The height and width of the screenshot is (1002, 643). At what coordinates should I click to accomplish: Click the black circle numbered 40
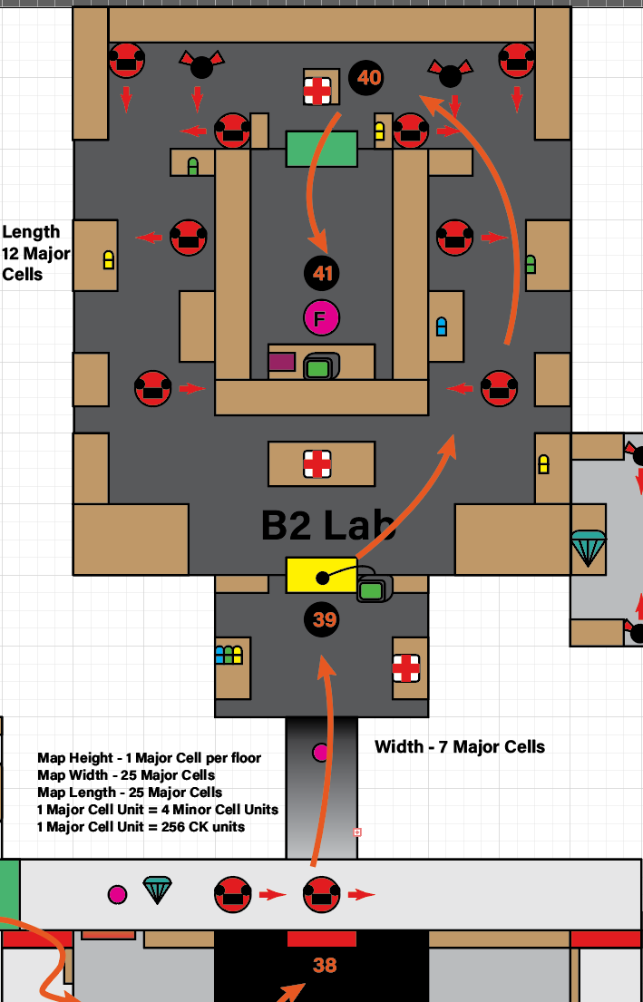tap(368, 78)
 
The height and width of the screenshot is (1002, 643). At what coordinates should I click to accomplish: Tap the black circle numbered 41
tap(324, 273)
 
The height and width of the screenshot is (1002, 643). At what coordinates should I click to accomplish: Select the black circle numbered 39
tap(324, 619)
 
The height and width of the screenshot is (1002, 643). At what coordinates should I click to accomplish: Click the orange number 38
tap(324, 966)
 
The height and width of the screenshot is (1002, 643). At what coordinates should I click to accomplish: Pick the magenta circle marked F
tap(321, 317)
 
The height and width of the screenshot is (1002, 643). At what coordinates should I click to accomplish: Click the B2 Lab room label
tap(328, 525)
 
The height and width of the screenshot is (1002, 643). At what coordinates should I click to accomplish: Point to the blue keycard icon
tap(442, 326)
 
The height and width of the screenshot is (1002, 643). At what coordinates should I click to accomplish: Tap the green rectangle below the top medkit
tap(321, 149)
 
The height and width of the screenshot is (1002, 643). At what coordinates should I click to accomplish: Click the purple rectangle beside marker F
tap(281, 362)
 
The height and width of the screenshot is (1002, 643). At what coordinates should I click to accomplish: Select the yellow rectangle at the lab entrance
tap(321, 575)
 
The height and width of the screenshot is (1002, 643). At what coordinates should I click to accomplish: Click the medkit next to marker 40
tap(317, 90)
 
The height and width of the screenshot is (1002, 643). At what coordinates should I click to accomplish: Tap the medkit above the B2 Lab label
tap(317, 464)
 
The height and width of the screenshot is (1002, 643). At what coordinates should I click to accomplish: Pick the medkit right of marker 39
tap(405, 668)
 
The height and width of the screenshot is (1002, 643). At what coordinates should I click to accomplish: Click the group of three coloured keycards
tap(229, 655)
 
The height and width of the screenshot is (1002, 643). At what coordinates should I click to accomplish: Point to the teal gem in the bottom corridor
tap(157, 890)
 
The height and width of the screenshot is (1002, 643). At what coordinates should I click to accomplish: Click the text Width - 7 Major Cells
tap(460, 747)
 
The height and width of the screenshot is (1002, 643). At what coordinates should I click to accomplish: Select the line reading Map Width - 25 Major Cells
tap(126, 775)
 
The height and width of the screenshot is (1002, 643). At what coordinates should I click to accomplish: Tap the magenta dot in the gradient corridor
tap(320, 752)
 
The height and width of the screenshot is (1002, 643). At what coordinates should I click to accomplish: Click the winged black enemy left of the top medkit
tap(200, 65)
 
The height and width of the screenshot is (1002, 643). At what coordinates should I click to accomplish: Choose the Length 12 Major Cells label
tap(35, 253)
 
